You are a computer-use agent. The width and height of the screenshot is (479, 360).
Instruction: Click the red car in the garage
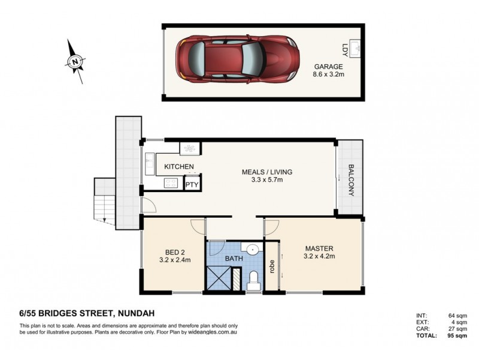click(x=237, y=59)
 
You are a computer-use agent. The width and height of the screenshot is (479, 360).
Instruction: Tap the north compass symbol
click(x=75, y=61)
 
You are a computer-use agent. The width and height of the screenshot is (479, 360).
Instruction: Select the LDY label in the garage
click(x=345, y=50)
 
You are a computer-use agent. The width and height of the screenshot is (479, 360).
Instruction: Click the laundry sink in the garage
click(x=355, y=49)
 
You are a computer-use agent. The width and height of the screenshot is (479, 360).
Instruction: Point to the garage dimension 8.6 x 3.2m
click(x=328, y=74)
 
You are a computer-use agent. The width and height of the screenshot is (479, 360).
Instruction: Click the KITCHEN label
click(x=179, y=167)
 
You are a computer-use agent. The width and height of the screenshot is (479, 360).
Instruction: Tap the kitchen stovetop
click(x=171, y=183)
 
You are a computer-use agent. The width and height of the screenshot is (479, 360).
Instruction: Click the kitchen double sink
click(x=150, y=164)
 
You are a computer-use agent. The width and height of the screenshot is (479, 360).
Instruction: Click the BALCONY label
click(x=351, y=180)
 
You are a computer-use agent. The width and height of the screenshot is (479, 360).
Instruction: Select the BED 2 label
click(x=175, y=253)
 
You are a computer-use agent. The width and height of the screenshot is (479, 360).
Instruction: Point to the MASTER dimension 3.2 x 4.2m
click(x=319, y=256)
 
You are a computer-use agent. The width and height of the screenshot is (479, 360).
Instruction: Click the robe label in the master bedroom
click(x=272, y=266)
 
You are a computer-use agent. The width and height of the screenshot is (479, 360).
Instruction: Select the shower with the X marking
click(x=219, y=278)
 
